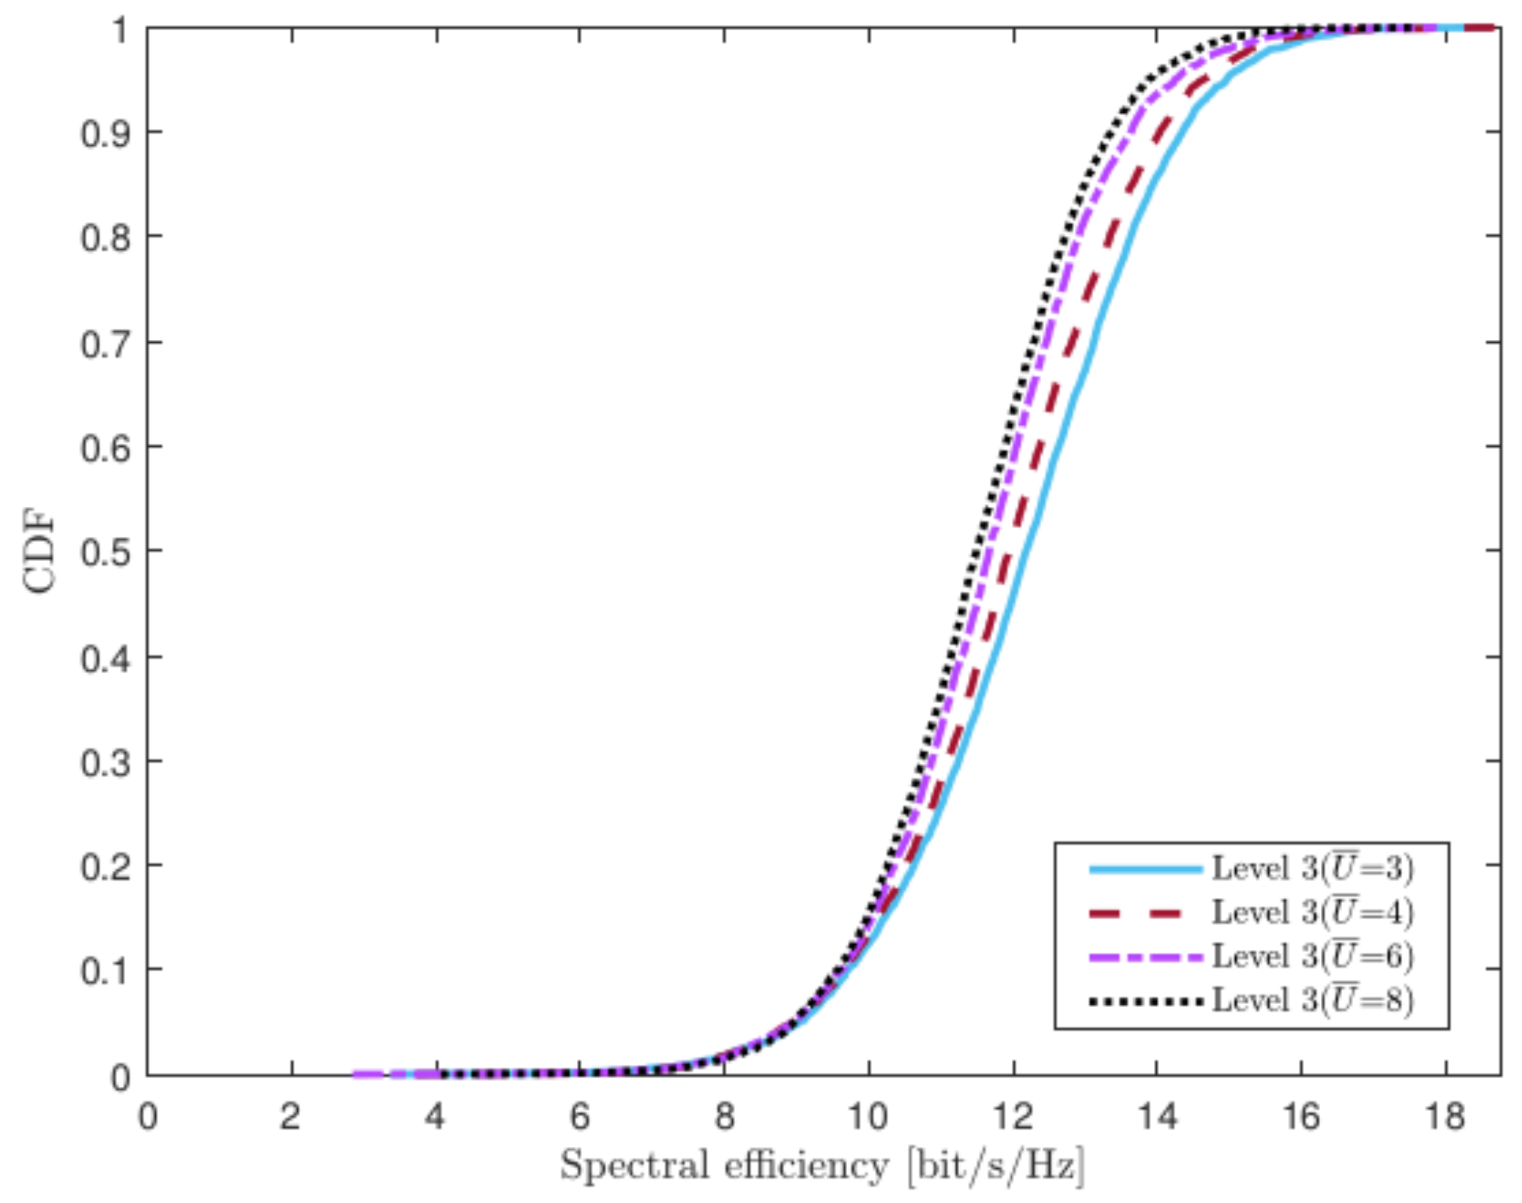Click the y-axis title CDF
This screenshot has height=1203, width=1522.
(40, 553)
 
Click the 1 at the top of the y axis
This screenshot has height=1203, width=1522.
(120, 29)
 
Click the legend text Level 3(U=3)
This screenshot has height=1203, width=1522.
(1312, 868)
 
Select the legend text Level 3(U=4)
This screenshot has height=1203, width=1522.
(1312, 912)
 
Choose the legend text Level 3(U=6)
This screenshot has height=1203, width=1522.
(1312, 956)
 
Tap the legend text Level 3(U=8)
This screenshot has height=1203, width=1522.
(1312, 999)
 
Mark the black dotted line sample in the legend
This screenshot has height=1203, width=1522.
(1145, 1000)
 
